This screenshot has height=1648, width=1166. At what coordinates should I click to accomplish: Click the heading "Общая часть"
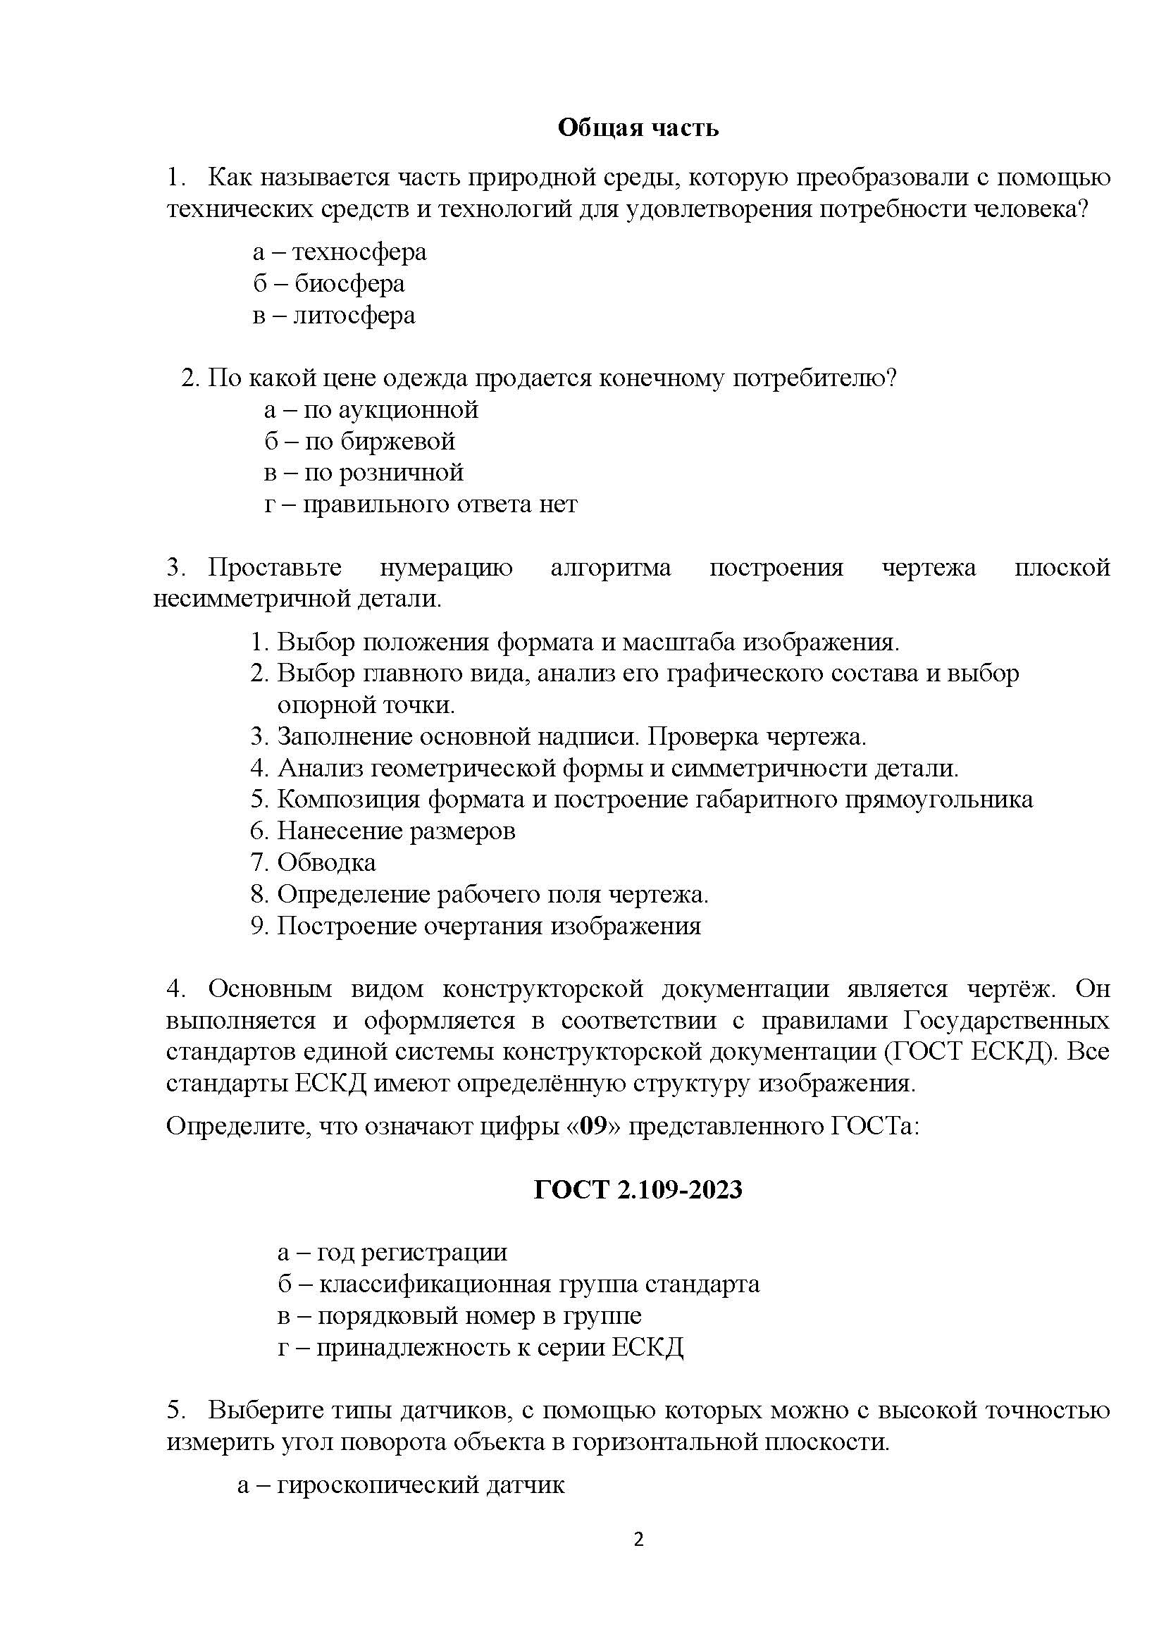point(638,128)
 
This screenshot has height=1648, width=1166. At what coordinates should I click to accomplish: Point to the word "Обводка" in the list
point(326,862)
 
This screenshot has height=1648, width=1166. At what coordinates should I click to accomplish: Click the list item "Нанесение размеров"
point(397,831)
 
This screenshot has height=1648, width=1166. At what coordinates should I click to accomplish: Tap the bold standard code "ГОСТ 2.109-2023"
point(638,1190)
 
